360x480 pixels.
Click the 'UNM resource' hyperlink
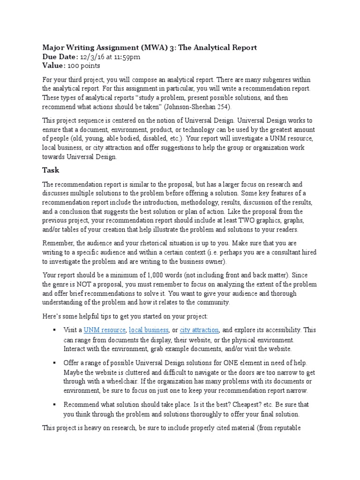pyautogui.click(x=105, y=330)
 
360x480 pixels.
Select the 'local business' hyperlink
pyautogui.click(x=149, y=330)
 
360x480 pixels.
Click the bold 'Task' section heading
pyautogui.click(x=50, y=170)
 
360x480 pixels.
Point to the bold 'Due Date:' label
pyautogui.click(x=60, y=57)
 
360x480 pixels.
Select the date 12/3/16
pyautogui.click(x=91, y=57)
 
